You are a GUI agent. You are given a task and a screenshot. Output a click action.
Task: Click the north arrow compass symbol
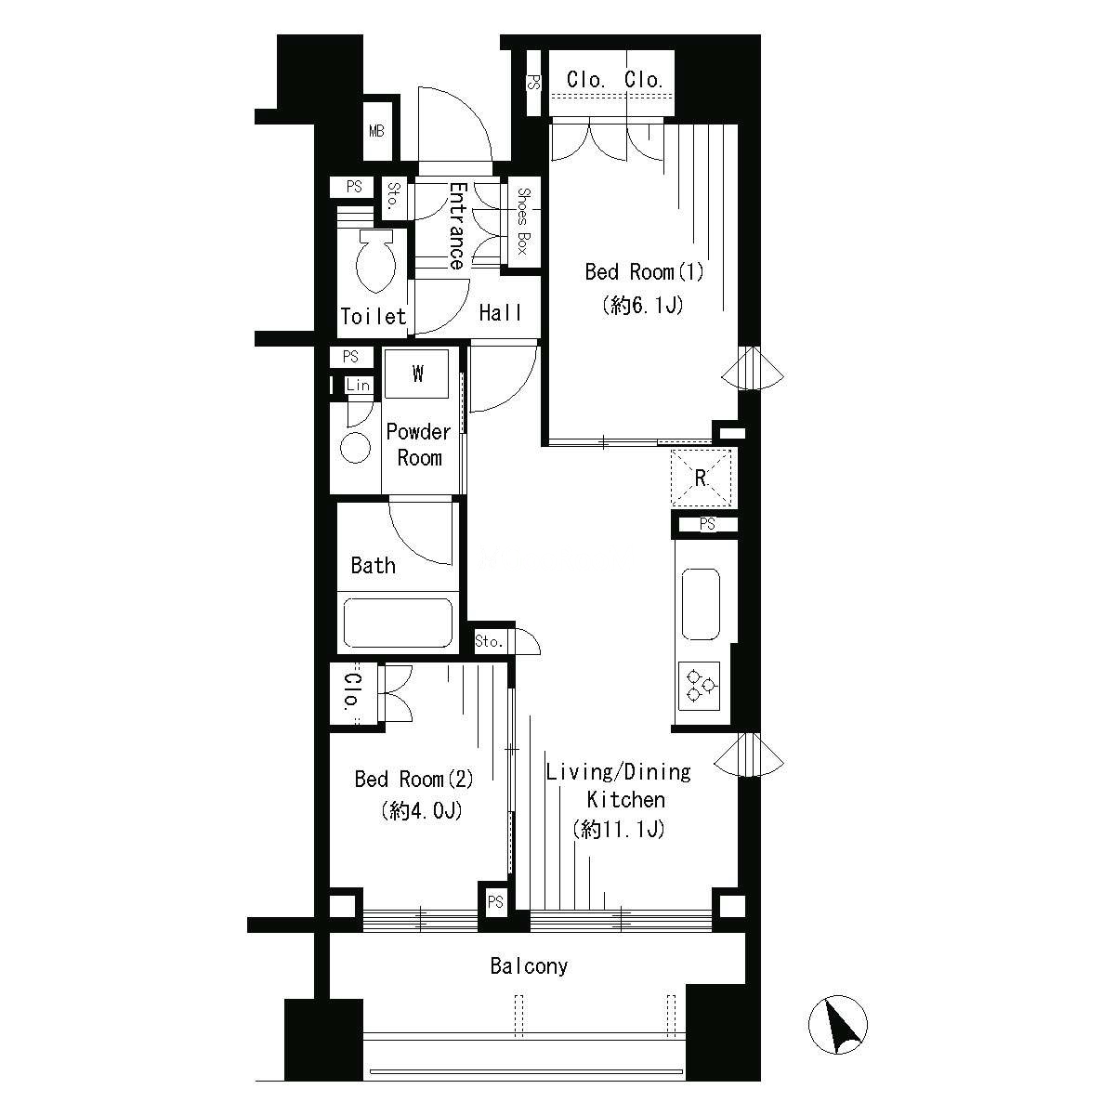[x=837, y=1024]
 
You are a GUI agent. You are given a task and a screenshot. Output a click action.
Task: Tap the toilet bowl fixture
[x=375, y=260]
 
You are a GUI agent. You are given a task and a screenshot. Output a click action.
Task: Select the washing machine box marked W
[x=416, y=374]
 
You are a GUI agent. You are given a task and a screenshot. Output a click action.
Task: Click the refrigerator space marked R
[x=701, y=478]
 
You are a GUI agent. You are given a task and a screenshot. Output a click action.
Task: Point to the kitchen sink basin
[x=701, y=604]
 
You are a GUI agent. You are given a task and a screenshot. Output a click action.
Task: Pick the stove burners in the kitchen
[x=700, y=686]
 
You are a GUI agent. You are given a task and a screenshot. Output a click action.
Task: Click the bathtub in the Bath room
[x=398, y=623]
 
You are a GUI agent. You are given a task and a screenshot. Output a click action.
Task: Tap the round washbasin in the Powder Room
[x=355, y=447]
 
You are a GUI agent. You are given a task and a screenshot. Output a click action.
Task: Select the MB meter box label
[x=376, y=131]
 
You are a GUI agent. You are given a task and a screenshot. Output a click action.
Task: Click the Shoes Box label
[x=523, y=221]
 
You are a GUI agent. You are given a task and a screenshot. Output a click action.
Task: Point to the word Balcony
[x=529, y=966]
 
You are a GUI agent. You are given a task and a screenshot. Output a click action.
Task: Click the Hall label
[x=500, y=313]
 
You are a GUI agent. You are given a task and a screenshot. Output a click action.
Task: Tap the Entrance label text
[x=458, y=226]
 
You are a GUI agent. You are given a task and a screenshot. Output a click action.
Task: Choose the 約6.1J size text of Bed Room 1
[x=643, y=305]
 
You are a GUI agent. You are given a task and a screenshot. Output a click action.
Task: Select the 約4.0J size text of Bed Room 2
[x=422, y=810]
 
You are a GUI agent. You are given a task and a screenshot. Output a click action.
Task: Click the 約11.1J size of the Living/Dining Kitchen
[x=619, y=830]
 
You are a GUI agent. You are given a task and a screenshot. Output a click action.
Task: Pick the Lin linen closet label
[x=358, y=385]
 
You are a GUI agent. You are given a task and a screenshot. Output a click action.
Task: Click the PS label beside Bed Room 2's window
[x=495, y=901]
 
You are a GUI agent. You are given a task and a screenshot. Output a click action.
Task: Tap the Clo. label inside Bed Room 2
[x=351, y=691]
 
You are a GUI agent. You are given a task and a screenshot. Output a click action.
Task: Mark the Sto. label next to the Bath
[x=489, y=641]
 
